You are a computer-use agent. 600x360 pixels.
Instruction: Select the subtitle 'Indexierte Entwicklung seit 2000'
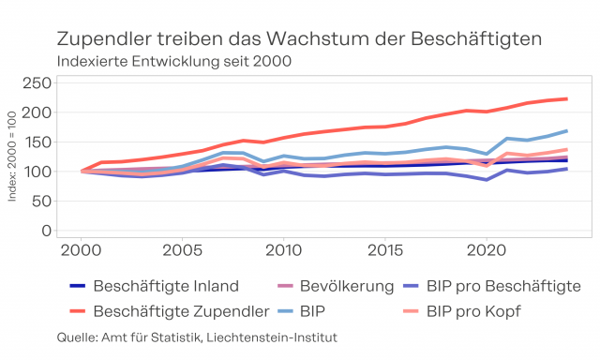(x=174, y=61)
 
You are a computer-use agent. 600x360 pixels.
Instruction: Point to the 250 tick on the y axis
(x=37, y=82)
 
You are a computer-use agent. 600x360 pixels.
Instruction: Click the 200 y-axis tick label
(x=37, y=112)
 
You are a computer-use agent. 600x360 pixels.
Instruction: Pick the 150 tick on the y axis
(x=37, y=142)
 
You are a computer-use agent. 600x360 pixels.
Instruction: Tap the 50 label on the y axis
(x=41, y=202)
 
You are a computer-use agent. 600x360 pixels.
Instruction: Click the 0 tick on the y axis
(x=46, y=231)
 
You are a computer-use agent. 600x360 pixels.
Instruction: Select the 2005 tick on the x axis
(x=182, y=250)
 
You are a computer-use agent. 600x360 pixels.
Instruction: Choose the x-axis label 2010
(x=283, y=250)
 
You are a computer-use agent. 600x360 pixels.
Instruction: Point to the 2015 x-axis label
(x=385, y=250)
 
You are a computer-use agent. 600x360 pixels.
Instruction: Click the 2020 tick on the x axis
(x=487, y=250)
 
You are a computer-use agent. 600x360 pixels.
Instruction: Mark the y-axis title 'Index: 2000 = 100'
(x=12, y=156)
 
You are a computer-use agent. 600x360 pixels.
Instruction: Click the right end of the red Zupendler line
(x=567, y=99)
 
